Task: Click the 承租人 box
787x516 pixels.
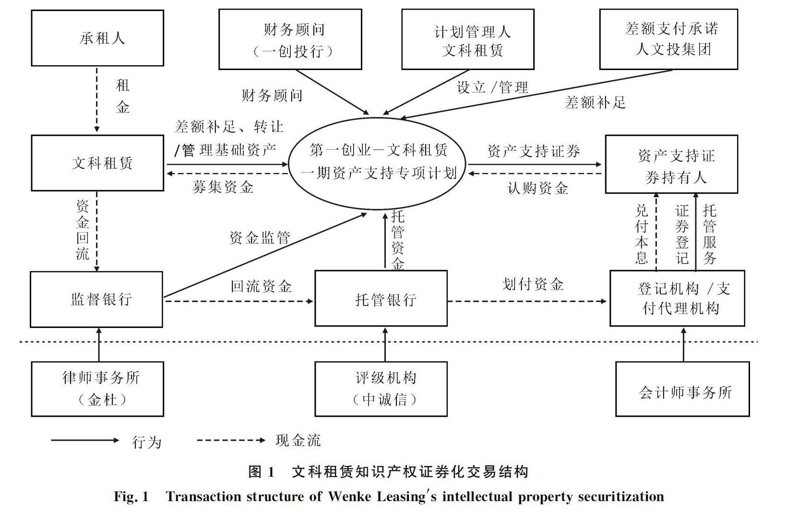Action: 97,38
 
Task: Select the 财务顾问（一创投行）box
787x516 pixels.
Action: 290,39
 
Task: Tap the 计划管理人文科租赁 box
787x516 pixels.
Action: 467,39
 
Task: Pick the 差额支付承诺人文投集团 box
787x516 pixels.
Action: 668,39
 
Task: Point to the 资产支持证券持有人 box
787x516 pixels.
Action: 671,164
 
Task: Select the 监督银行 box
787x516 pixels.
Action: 96,299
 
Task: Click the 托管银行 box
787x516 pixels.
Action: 381,299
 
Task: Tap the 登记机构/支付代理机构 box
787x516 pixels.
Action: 677,298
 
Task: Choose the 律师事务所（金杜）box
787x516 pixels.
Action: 97,388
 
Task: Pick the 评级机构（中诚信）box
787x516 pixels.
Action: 381,388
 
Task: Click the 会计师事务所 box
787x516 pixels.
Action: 682,389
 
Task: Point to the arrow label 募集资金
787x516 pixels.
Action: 223,187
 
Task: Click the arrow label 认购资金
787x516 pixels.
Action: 537,188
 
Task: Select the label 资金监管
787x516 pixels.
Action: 260,238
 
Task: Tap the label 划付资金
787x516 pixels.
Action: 533,284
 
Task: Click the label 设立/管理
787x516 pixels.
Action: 492,87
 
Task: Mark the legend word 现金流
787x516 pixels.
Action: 298,440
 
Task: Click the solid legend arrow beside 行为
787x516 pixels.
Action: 85,440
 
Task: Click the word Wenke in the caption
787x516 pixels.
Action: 347,496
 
